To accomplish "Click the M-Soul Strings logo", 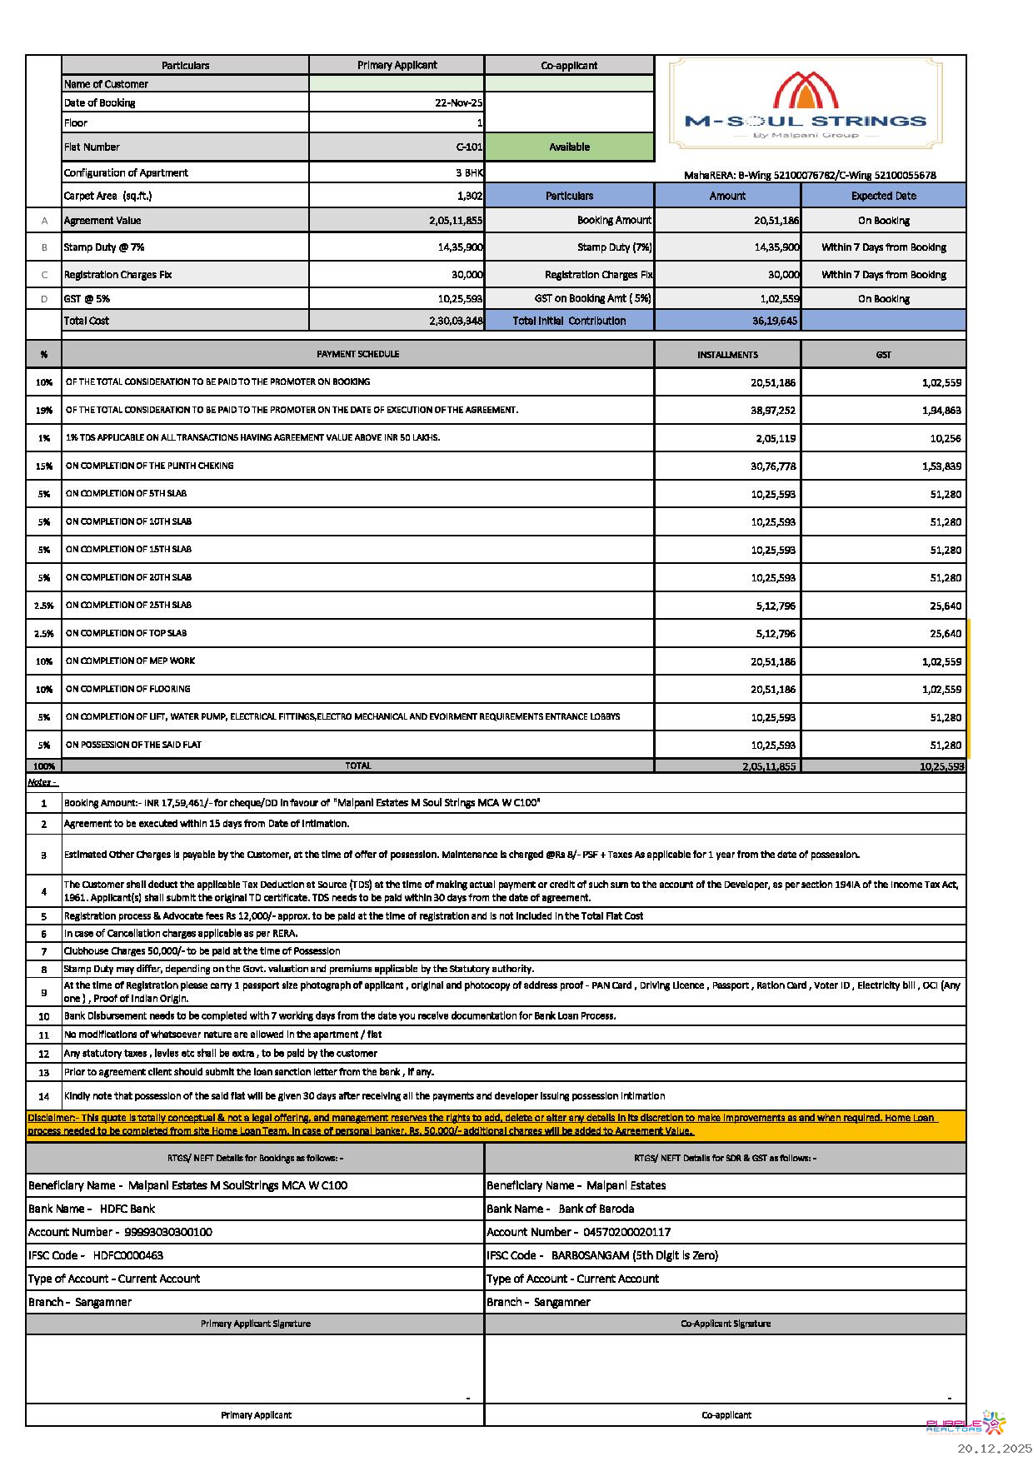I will [x=806, y=104].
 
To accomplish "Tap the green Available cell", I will [x=569, y=147].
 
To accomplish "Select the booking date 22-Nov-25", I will [x=458, y=103].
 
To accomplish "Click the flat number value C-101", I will [x=469, y=147].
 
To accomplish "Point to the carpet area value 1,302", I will [x=470, y=197].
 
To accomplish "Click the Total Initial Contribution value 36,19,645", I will [x=774, y=321].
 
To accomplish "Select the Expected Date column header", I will [x=883, y=197].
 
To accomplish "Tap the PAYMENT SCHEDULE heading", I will [x=357, y=354].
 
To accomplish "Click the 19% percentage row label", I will [x=44, y=411].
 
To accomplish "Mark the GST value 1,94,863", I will [x=941, y=411].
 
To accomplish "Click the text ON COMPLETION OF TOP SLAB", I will [x=127, y=633].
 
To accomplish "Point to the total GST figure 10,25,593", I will [x=941, y=766].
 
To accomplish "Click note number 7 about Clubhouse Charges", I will [x=202, y=951].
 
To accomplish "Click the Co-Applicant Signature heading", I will [x=726, y=1324].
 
